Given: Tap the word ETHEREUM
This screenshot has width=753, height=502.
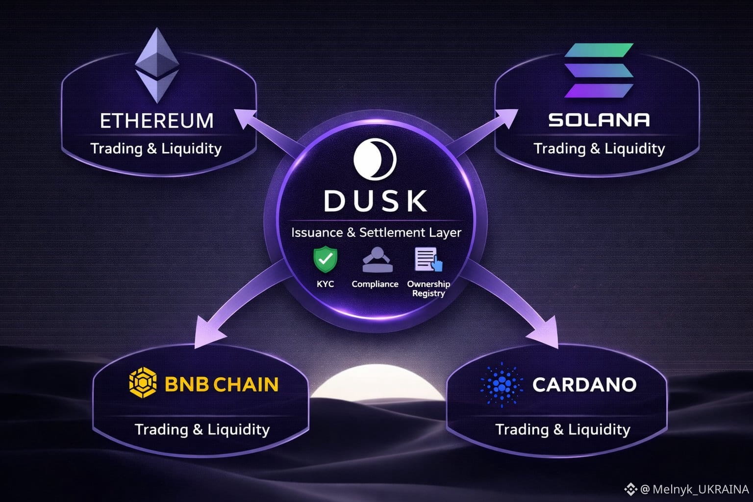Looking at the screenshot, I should point(157,121).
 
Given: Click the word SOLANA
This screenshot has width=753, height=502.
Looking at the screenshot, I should point(599,120).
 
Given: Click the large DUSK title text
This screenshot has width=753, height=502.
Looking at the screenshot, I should point(376,201).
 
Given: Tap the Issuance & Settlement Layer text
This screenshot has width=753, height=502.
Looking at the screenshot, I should point(376,232).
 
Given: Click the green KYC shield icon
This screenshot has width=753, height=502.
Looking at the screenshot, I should point(326,259).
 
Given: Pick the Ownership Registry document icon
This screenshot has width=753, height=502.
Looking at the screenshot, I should point(428,259).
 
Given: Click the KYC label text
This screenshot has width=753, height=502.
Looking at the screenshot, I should point(326,284).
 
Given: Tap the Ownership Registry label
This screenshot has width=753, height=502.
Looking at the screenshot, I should point(428,288).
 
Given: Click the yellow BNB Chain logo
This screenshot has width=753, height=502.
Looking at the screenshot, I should point(143,383).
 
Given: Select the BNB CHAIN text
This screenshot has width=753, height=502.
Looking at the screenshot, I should point(222,384).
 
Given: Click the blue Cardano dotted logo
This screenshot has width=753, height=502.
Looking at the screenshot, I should point(502,384).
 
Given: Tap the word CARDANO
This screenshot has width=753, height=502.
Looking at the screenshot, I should point(584,384).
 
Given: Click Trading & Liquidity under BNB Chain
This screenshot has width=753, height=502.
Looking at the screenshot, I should point(202,429).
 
